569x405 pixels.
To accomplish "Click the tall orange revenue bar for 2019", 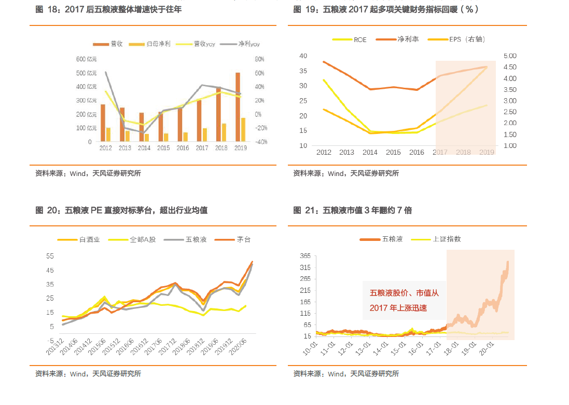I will [x=238, y=107].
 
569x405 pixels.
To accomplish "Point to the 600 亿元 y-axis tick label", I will [x=86, y=59].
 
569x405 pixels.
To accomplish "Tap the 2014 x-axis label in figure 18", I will [x=144, y=148].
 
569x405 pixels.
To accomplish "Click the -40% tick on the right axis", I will [x=261, y=142].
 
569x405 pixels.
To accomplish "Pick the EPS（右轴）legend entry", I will [x=467, y=39].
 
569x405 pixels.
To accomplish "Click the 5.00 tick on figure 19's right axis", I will [x=510, y=56].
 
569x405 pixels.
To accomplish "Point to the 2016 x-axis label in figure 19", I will [x=417, y=152].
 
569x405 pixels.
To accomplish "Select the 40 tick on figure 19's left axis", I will [x=303, y=56].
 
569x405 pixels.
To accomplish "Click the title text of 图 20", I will [x=121, y=210].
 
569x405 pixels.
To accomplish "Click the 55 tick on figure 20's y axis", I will [x=50, y=256].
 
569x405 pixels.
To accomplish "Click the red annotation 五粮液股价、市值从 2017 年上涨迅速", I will [x=404, y=301].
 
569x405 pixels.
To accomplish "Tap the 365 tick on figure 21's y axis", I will [x=305, y=256].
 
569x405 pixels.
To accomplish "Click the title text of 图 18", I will [x=108, y=9].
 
